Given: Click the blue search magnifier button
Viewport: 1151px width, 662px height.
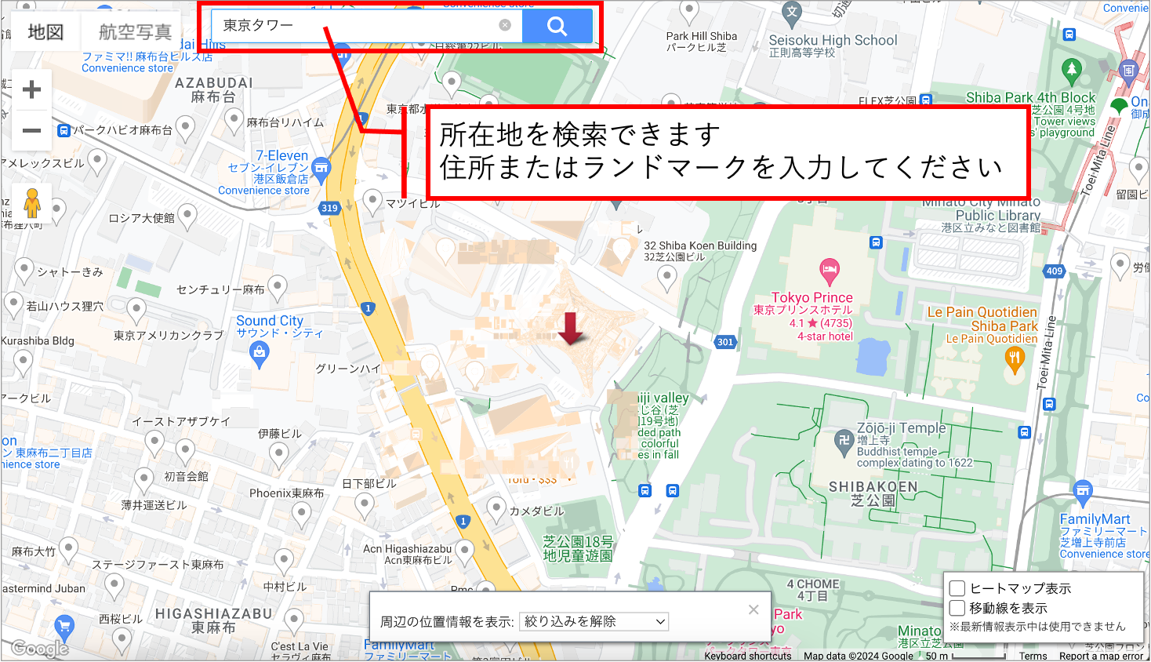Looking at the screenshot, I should (x=557, y=27).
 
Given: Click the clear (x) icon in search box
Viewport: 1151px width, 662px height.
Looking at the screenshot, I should (x=505, y=25).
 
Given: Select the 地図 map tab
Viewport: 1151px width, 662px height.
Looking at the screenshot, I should (x=45, y=32).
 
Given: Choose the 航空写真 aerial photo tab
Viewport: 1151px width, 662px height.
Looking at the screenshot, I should (x=135, y=32).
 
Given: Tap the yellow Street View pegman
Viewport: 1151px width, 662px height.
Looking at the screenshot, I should (x=32, y=203).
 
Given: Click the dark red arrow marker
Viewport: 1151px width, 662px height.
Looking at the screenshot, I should (x=570, y=328).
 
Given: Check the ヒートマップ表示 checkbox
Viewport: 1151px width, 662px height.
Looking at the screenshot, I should (x=957, y=588).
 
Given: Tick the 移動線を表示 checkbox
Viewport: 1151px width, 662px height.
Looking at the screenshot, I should (x=957, y=608).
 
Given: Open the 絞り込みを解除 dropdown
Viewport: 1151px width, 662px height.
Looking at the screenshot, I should (x=594, y=621).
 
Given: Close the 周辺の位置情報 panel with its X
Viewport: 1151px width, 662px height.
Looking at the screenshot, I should (x=753, y=609).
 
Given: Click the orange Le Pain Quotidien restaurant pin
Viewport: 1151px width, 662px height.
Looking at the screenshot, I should (x=1015, y=359).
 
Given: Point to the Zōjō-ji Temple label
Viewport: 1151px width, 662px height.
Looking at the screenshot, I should (x=901, y=428).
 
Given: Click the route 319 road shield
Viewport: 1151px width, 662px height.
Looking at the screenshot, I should (x=329, y=208).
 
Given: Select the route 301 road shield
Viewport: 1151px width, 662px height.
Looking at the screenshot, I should (x=725, y=342).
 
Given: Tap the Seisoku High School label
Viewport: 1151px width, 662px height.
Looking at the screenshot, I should (x=833, y=41).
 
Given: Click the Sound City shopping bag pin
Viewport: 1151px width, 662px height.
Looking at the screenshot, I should (x=259, y=355).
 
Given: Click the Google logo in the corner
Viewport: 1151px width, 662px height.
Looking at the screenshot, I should (x=40, y=649).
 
